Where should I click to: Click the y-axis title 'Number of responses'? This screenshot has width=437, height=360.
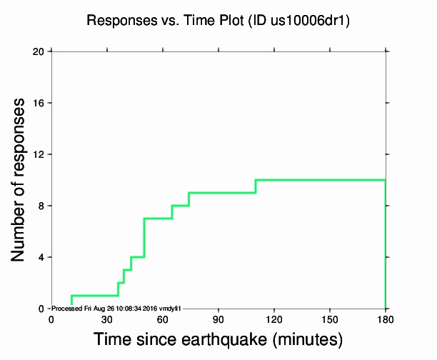pos(22,179)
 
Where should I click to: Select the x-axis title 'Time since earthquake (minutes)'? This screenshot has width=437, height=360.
pos(218,339)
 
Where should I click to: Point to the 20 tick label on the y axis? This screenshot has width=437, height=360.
pos(39,51)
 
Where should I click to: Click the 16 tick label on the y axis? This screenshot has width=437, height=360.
pos(39,103)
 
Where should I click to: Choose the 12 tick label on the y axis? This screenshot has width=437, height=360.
pos(39,154)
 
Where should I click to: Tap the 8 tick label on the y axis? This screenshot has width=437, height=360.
pos(41,206)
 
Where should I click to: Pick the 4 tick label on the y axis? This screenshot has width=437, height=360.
pos(41,257)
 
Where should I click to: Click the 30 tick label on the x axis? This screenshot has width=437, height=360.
pos(107,319)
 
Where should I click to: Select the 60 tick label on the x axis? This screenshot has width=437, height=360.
pos(163,319)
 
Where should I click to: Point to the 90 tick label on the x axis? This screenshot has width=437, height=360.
pos(218,319)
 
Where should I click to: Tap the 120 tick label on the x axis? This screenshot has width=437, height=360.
pos(274,319)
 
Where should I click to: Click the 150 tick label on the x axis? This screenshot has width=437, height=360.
pos(330,319)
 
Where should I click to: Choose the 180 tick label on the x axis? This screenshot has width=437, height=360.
pos(386,319)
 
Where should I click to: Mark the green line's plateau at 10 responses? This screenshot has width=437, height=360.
pos(321,180)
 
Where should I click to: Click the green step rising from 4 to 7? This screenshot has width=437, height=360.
pos(144,238)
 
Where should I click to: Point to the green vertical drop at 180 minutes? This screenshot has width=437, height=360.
pos(386,243)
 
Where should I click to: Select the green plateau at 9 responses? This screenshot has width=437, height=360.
pos(222,193)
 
